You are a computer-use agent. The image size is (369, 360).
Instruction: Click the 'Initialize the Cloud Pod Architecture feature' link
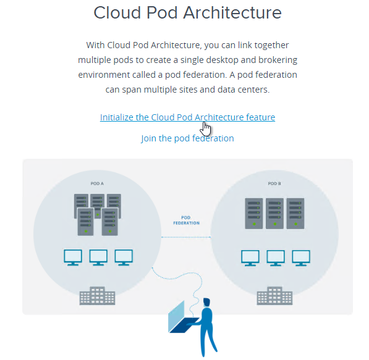(x=187, y=117)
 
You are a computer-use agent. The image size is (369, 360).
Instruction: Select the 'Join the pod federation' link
(x=187, y=138)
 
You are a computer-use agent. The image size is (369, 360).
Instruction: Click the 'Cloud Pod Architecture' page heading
(x=187, y=12)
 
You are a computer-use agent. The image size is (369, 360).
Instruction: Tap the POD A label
(x=97, y=183)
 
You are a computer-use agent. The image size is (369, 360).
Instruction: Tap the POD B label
(x=274, y=183)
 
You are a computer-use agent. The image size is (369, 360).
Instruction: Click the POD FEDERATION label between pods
(x=187, y=220)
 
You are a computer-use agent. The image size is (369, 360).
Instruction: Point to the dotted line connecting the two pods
(x=186, y=237)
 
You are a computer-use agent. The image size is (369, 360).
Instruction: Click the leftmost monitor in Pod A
(x=73, y=257)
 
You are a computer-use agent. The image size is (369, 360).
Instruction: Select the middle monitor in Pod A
(x=98, y=257)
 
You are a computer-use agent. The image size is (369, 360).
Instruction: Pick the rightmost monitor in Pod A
(x=124, y=257)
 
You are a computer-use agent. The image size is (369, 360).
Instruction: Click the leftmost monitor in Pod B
(x=250, y=258)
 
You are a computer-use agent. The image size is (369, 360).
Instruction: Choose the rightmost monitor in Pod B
(x=301, y=258)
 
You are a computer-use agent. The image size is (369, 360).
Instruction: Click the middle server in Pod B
(x=274, y=214)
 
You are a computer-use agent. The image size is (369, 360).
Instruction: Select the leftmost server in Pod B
(x=254, y=214)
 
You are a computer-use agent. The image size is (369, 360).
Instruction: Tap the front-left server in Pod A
(x=86, y=222)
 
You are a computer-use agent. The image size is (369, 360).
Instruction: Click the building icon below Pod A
(x=98, y=296)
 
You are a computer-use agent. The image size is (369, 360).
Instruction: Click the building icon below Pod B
(x=274, y=296)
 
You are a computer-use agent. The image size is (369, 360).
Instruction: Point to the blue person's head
(x=206, y=302)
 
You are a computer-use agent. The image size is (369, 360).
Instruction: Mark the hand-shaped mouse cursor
(x=205, y=129)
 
